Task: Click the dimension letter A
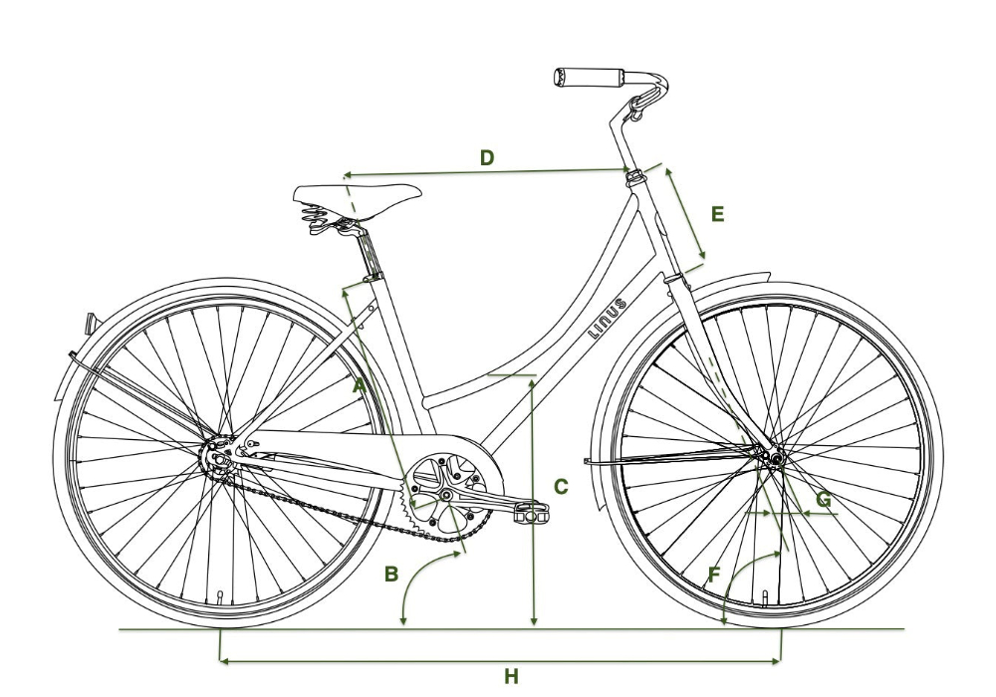click(360, 382)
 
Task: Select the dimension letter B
click(391, 574)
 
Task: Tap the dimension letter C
click(561, 487)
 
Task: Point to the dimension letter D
click(487, 157)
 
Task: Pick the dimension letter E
click(717, 213)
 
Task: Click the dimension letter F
click(713, 574)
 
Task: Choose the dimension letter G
click(823, 498)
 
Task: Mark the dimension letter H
click(511, 677)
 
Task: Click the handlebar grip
click(588, 77)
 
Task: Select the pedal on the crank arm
click(530, 512)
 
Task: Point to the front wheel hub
click(773, 457)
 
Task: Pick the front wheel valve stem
click(765, 596)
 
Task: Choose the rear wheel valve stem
click(220, 598)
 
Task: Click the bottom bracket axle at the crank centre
click(447, 494)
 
